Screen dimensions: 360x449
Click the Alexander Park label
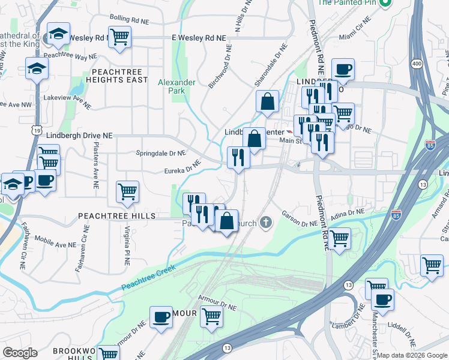tap(176, 87)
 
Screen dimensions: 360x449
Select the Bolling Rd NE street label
tap(129, 21)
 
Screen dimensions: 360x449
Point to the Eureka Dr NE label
tap(182, 167)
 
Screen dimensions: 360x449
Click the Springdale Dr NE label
tap(161, 152)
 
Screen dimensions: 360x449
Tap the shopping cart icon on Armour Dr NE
tap(211, 316)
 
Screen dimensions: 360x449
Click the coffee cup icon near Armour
tap(160, 317)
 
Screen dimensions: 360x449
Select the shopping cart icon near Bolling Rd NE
tap(120, 37)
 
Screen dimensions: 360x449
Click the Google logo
tap(20, 353)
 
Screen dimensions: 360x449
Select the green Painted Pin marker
tap(387, 3)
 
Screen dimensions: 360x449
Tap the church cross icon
tap(266, 223)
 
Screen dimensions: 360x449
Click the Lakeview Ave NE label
tap(66, 100)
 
